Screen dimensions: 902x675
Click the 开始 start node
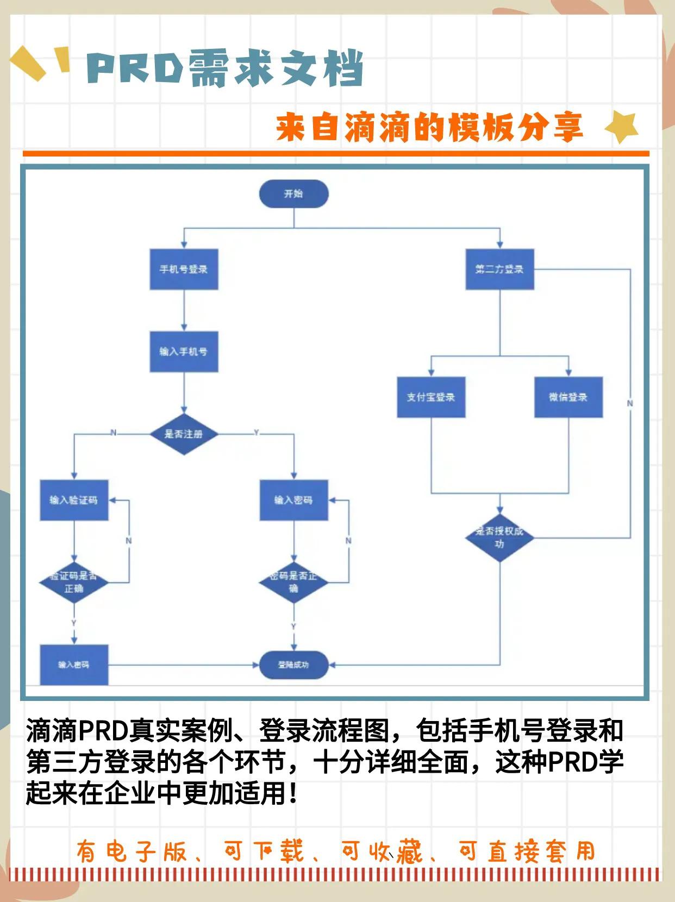click(x=293, y=194)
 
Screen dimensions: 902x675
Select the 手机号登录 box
click(x=184, y=269)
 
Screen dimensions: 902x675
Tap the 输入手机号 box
click(x=184, y=352)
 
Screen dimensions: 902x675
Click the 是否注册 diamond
click(x=184, y=434)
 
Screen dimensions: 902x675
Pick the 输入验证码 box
click(x=74, y=500)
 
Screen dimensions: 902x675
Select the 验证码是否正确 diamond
click(x=74, y=582)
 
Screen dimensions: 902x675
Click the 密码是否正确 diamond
click(x=293, y=582)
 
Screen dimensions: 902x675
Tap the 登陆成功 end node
click(x=293, y=665)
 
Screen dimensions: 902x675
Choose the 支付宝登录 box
click(x=431, y=397)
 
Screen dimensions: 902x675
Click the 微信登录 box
click(x=568, y=397)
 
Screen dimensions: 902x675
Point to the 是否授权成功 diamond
click(x=499, y=537)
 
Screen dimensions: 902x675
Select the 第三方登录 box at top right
click(x=499, y=269)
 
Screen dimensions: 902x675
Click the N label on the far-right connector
click(x=630, y=403)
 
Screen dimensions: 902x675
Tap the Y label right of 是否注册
click(x=257, y=433)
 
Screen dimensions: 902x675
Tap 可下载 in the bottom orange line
click(x=264, y=851)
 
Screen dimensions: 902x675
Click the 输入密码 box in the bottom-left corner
click(x=74, y=665)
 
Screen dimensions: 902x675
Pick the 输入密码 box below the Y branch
click(x=293, y=500)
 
